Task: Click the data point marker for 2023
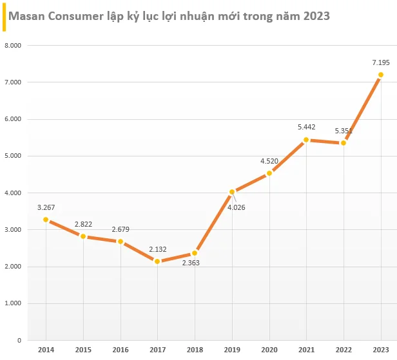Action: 380,75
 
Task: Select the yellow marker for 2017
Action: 157,261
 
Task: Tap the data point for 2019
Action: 232,192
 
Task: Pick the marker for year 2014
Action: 46,220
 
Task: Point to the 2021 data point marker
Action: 306,140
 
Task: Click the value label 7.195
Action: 381,62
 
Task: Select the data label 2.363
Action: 191,263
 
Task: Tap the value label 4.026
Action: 237,207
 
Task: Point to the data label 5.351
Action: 344,131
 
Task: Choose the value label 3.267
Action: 46,207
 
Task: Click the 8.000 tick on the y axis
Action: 13,46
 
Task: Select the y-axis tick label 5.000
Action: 13,156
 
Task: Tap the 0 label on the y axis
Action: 19,341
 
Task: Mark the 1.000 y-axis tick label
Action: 13,303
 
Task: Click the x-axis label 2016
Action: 121,350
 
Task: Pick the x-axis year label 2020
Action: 269,350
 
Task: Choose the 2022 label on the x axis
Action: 344,350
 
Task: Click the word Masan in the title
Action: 26,16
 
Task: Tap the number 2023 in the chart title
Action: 316,16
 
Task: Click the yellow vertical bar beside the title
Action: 4,17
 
